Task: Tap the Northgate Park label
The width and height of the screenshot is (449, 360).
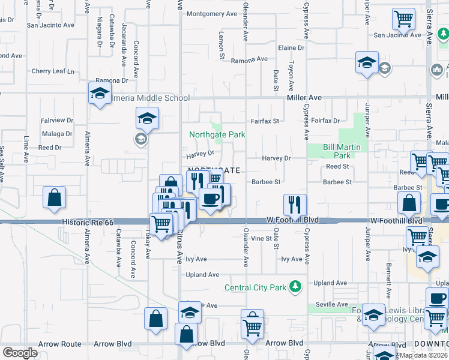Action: point(217,135)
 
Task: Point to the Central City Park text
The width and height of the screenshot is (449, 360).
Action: point(255,287)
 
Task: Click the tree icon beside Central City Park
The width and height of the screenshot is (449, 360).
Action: point(295,287)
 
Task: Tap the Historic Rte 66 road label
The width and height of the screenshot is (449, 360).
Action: point(87,222)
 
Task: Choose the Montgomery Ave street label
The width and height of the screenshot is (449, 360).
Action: point(212,14)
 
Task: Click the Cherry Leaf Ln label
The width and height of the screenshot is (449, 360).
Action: point(53,71)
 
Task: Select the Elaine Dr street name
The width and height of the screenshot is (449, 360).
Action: point(292,47)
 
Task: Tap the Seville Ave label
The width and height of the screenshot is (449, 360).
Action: point(333,304)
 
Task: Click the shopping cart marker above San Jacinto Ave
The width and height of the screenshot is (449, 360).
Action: point(403,19)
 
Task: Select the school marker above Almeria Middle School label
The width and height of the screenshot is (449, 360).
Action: point(100,93)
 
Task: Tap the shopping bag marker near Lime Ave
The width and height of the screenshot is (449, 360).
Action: point(54,198)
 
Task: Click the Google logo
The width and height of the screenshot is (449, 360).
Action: point(20,353)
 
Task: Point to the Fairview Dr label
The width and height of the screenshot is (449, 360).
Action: point(56,121)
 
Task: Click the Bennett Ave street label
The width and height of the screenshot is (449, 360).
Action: point(389,274)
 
